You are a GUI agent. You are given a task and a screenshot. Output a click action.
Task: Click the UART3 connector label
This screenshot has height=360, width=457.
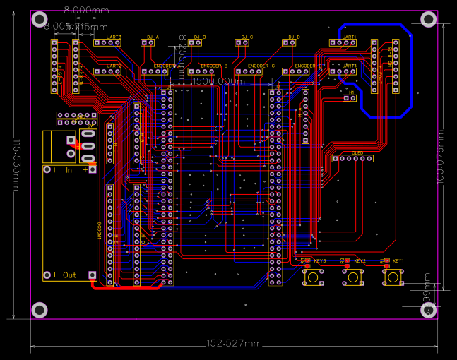pos(113,37)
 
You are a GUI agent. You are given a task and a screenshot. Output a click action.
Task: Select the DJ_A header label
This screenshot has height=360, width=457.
pos(153,37)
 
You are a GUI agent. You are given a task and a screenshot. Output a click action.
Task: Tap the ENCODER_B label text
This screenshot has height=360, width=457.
pos(213,66)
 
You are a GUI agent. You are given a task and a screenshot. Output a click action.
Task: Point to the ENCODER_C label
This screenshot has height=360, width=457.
pos(261,66)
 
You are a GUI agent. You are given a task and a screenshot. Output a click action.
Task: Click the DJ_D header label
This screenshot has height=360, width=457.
pos(294,37)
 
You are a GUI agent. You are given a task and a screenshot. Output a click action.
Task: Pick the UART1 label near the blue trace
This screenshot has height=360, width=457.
pos(349,37)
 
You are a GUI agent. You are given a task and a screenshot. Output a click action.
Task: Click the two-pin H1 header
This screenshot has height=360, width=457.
pos(349,98)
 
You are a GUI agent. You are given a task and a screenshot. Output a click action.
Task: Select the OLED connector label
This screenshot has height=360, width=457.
pos(357,152)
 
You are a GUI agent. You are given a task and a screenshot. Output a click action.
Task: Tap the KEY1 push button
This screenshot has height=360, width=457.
pos(391,280)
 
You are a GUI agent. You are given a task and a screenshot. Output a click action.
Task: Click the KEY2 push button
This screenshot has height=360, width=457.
pos(352,280)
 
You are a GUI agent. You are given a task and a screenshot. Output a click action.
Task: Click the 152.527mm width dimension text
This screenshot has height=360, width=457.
pos(234,343)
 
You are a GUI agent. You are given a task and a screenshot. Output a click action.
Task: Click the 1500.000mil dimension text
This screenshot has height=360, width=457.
pos(221,82)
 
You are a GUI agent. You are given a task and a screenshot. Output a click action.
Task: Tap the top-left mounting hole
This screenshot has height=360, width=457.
pos(40,19)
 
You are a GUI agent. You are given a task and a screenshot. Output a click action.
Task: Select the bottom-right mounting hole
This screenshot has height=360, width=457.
pos(428,311)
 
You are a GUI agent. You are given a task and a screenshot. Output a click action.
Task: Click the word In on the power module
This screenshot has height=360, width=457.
pos(69,170)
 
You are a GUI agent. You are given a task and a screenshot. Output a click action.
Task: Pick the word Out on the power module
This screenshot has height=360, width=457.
pos(69,275)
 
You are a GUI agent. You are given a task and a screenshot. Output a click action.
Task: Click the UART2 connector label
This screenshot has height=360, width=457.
pos(113,66)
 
